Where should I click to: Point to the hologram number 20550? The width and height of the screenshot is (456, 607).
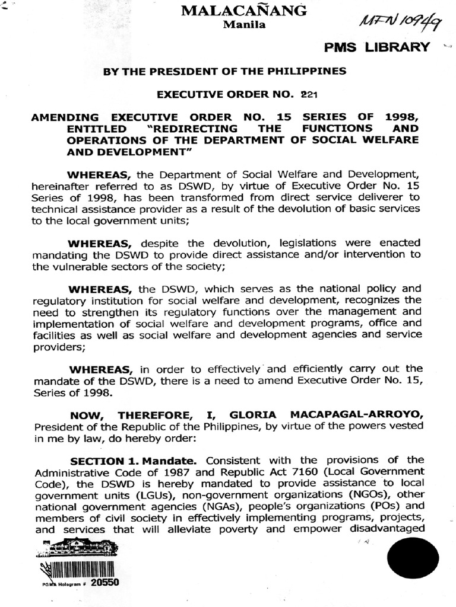point(106,582)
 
